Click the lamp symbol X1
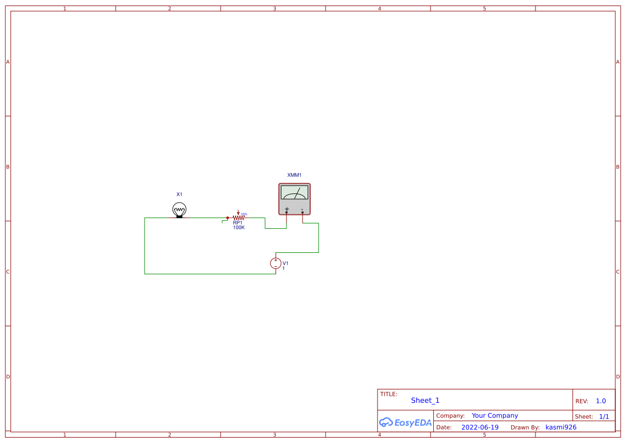179,209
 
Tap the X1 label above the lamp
179,194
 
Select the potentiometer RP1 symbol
238,218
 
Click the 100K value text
238,228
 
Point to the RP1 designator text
238,223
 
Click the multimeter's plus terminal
286,212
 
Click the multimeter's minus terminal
303,212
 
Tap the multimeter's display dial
295,192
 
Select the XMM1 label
295,175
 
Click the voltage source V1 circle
276,263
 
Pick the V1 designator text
285,263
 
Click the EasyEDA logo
405,422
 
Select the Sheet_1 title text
425,401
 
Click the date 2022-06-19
480,427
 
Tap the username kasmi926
561,427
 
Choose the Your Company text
495,416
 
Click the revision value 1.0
601,401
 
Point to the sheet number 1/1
604,417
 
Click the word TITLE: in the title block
389,394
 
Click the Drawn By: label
525,427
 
